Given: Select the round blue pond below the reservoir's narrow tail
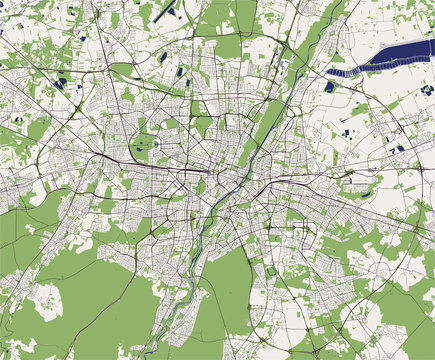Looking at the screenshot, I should point(329,87).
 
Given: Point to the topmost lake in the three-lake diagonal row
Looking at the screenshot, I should point(186,71).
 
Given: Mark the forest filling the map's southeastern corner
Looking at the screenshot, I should point(405,320).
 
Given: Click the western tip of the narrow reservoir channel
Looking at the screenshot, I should point(333,73).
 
